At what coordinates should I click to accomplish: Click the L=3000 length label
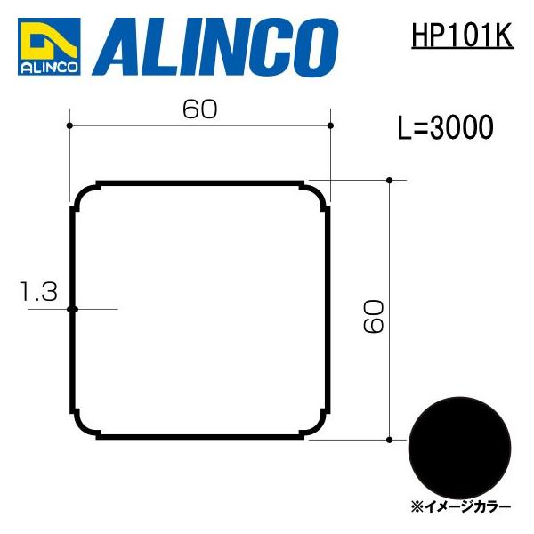445,129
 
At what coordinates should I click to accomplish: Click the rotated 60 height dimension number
374,316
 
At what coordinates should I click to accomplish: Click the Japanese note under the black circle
460,506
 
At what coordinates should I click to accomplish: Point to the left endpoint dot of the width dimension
69,125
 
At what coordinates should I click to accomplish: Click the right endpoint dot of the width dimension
330,125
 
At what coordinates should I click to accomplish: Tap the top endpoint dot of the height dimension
390,181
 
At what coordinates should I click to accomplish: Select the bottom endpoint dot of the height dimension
390,439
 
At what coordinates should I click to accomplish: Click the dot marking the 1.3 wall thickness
73,309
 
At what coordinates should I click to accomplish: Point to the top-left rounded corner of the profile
85,196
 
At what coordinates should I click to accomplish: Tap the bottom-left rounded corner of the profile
85,425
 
